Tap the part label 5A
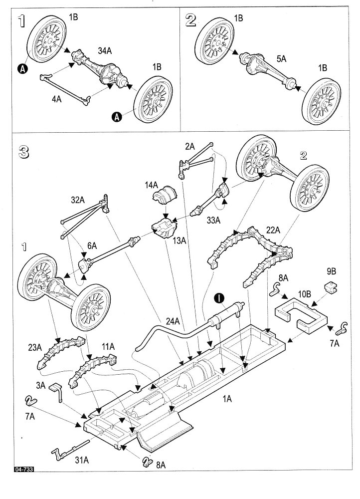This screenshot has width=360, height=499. coord(281,59)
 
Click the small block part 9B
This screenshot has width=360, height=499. coord(329,287)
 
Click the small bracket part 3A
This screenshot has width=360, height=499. coord(58,392)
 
